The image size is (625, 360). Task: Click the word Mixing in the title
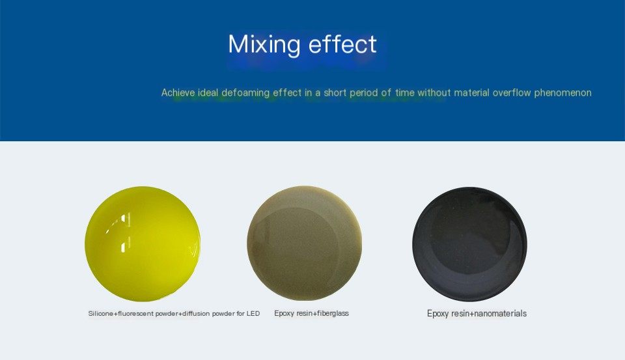[264, 44]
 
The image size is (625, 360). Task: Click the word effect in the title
[342, 44]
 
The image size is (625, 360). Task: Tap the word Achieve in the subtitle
[178, 93]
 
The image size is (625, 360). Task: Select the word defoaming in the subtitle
[245, 93]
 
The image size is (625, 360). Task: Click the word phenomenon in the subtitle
[562, 93]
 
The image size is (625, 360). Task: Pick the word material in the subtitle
[471, 93]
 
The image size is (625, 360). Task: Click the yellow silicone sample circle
[143, 243]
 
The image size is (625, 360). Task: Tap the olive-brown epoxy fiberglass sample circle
[305, 243]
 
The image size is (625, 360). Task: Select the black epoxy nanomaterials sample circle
[470, 244]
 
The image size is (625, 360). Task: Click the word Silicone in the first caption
[101, 313]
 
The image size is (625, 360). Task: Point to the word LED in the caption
[253, 313]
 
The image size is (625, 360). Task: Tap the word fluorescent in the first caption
[135, 313]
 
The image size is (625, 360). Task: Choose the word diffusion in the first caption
[197, 313]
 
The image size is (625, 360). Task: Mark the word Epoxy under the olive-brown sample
[285, 313]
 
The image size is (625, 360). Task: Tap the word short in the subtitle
[335, 93]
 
